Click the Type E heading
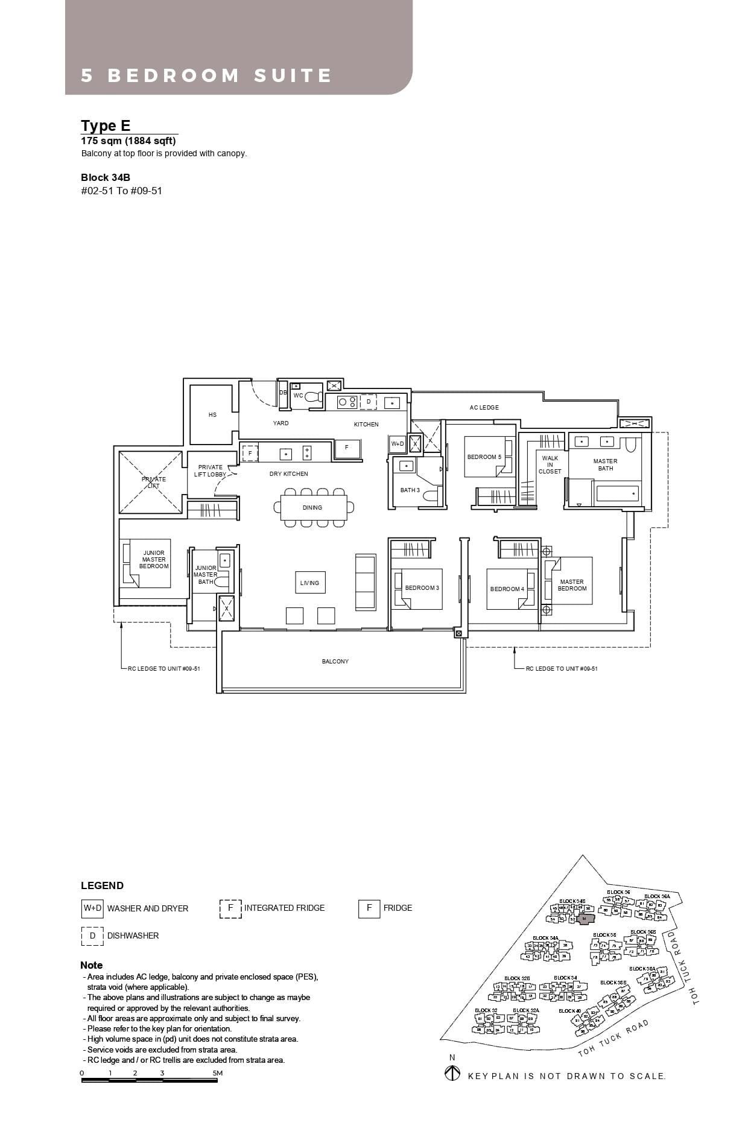106,125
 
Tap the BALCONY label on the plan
335,661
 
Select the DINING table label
312,507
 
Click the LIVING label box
309,583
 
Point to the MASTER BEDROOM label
571,585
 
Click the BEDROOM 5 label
484,457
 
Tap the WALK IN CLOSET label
550,464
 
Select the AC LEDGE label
484,407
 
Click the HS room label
212,414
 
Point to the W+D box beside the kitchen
398,443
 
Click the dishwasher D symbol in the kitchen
369,401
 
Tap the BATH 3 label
410,490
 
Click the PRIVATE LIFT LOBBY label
210,470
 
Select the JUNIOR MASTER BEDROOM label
154,559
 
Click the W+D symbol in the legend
92,908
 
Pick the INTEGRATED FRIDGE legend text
284,908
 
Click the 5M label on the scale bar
218,1073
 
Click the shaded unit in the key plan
585,919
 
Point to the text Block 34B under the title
106,177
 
